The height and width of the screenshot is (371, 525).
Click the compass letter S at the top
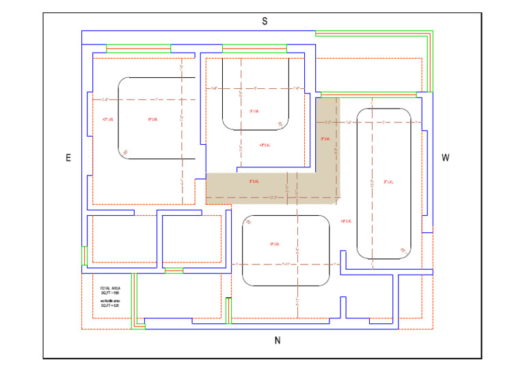[x=265, y=22]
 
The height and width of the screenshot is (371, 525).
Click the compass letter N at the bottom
[x=277, y=341]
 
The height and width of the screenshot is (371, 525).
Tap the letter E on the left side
[x=68, y=158]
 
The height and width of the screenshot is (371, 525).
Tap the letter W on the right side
[x=445, y=158]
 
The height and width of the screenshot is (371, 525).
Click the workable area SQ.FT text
[x=109, y=303]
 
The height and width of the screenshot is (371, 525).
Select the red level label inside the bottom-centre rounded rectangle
[x=275, y=244]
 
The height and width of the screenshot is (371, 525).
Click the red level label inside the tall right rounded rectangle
[x=390, y=182]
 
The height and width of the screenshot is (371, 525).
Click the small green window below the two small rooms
[x=174, y=271]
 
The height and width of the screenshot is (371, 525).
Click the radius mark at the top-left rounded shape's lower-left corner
[x=124, y=152]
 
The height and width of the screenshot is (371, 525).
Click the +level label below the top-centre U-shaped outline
[x=265, y=145]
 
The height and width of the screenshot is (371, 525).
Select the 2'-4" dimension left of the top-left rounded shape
[x=105, y=100]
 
